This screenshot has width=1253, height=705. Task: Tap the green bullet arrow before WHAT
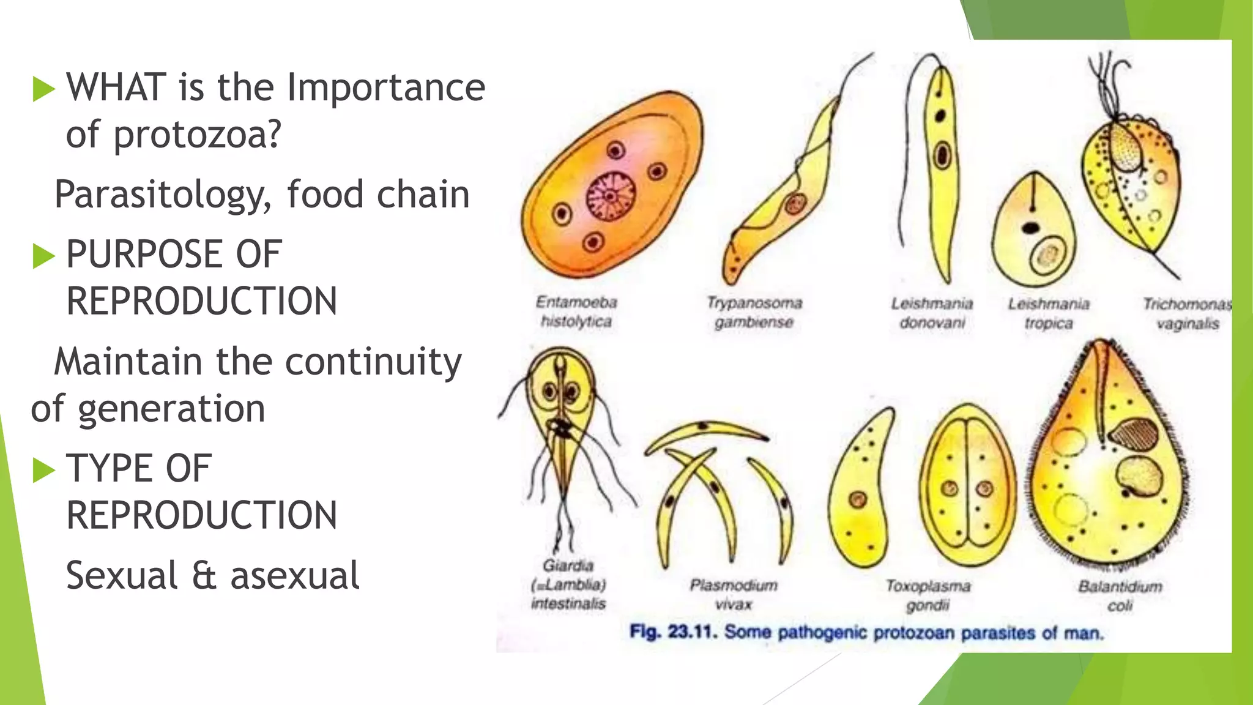pos(43,89)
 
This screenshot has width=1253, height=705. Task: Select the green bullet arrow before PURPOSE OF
pos(43,255)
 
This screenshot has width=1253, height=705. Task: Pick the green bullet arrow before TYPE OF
pos(43,469)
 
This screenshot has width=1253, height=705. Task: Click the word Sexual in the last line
pos(122,576)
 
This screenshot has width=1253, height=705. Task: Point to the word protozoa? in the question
pos(197,135)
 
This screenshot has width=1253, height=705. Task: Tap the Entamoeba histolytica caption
pos(576,311)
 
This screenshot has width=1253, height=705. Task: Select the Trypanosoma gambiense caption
pos(754,312)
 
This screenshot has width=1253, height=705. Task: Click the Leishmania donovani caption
pos(932,313)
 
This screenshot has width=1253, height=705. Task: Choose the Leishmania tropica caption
pos(1049,313)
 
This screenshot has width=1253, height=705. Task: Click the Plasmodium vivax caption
pos(734,594)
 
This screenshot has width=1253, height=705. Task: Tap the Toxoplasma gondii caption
pos(928,595)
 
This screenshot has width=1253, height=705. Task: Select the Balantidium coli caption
pos(1120,595)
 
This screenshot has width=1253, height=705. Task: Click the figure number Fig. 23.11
pos(672,632)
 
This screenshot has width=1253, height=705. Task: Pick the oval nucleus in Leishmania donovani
pos(942,154)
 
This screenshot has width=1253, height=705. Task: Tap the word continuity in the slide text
pos(373,363)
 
